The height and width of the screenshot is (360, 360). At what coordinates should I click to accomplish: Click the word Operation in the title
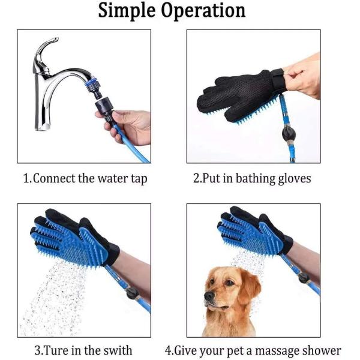pos(203,11)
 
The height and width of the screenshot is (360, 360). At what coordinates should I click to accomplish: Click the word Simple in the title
pos(127,11)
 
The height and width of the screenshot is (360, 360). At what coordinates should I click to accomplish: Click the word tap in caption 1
pos(139,179)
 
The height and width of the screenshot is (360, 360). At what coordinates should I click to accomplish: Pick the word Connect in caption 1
pos(54,178)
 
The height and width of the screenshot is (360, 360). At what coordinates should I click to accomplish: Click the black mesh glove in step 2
pos(239,97)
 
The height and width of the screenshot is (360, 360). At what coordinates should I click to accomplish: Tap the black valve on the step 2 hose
pos(289,133)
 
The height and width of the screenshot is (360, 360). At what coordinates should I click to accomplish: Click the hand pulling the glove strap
pos(302,76)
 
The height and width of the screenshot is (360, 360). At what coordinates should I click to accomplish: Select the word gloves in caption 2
pos(295,179)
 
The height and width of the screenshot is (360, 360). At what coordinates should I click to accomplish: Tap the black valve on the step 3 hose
pos(132,292)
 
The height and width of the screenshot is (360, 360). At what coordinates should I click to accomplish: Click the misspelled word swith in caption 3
pos(118,350)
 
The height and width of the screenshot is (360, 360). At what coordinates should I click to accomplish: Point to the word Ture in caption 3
pos(56,350)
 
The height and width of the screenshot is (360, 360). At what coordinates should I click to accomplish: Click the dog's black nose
pos(209,296)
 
